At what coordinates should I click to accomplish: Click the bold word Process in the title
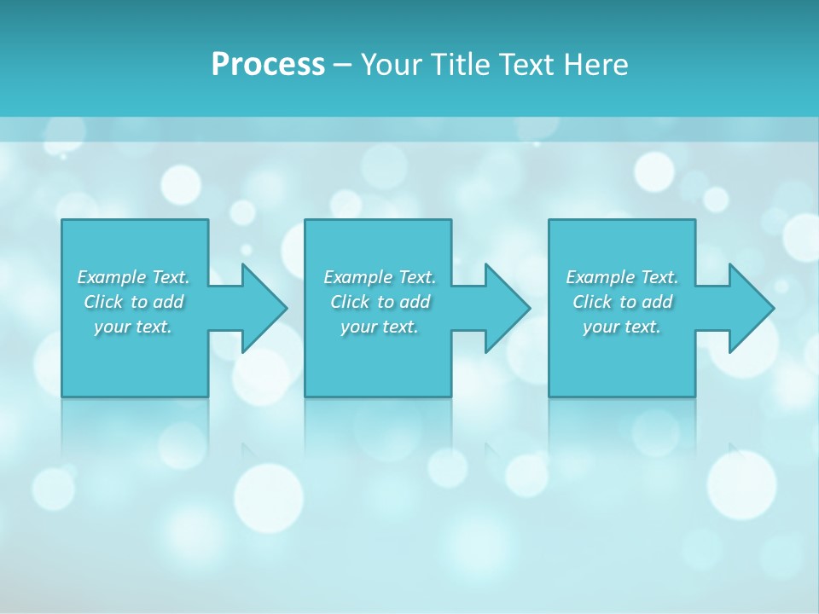(268, 65)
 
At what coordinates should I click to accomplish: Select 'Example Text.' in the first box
(133, 277)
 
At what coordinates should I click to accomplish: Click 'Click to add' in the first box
(133, 302)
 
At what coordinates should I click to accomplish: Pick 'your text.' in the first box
(133, 327)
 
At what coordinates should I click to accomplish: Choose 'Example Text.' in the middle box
(380, 277)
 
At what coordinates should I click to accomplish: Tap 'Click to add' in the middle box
(380, 302)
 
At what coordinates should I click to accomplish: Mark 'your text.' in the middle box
(380, 327)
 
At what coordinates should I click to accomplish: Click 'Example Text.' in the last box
(622, 277)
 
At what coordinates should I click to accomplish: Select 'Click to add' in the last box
(622, 302)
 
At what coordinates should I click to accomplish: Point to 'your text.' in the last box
(622, 327)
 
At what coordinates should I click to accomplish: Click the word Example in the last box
(601, 277)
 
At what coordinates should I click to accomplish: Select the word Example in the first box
(112, 277)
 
